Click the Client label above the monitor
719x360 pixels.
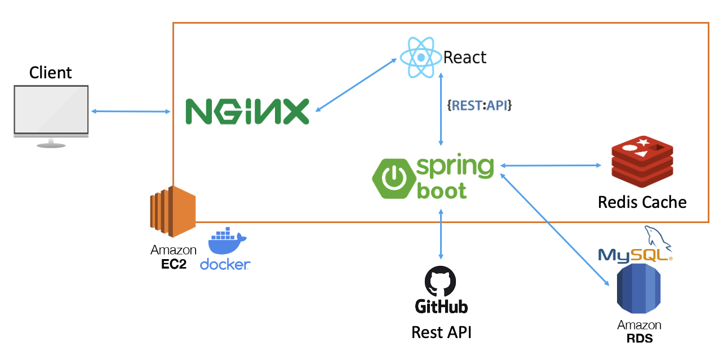coord(51,73)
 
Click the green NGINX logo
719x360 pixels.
coord(247,111)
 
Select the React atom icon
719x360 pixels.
coord(420,57)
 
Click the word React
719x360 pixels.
coord(465,57)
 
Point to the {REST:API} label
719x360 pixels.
coord(479,105)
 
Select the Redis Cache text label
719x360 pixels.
coord(642,202)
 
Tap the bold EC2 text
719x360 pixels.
coord(174,264)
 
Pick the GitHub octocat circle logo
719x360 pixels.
coord(441,281)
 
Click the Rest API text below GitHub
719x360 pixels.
coord(441,332)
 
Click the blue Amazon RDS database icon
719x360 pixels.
coord(638,291)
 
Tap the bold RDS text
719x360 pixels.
coord(639,338)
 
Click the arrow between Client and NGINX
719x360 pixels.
coord(131,112)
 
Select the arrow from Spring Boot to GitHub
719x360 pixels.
coord(441,233)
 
